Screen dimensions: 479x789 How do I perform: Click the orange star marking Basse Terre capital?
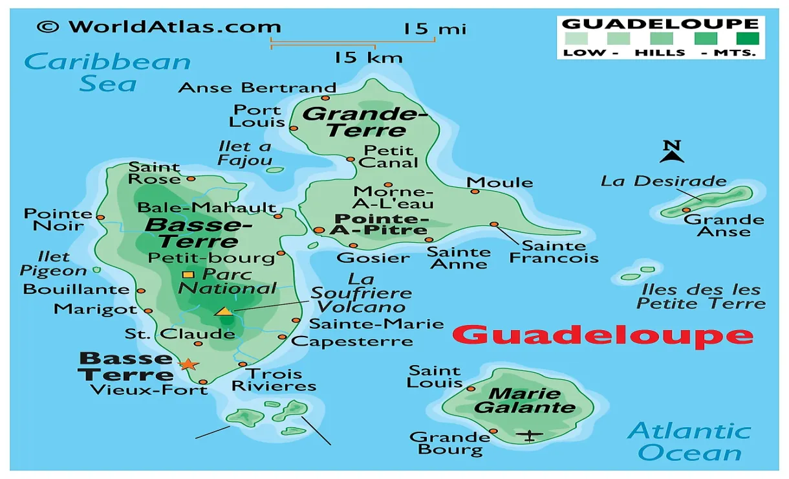click(188, 364)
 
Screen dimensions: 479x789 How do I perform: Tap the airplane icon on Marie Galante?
click(530, 435)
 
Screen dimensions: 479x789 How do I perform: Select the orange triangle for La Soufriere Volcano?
click(224, 311)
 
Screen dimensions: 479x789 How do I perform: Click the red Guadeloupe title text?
click(603, 335)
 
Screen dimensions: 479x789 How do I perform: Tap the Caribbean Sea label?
click(109, 72)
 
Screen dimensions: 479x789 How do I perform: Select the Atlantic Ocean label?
click(689, 441)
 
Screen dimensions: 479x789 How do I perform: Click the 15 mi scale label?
click(435, 28)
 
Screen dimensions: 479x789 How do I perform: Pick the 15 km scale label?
click(368, 58)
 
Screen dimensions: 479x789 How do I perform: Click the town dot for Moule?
click(475, 191)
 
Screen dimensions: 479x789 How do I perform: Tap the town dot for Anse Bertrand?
click(325, 98)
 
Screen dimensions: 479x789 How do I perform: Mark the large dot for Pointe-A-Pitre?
click(319, 230)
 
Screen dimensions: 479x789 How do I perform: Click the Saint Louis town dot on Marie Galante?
click(471, 388)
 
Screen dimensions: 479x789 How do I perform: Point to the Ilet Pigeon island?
click(97, 270)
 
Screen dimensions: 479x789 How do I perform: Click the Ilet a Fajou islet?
click(276, 170)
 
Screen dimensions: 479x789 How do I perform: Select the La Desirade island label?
click(664, 181)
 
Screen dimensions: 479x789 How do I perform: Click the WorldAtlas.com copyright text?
click(159, 27)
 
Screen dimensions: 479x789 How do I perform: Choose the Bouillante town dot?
click(141, 291)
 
